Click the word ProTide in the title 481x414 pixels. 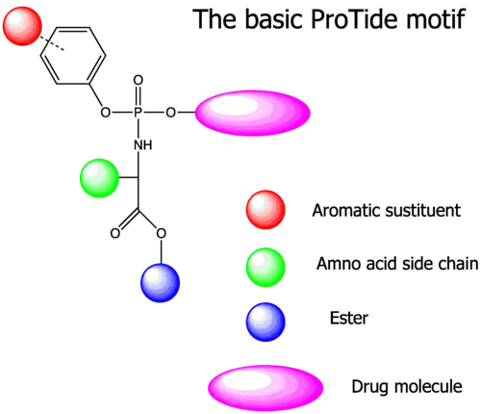tap(354, 19)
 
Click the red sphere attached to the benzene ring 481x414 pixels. tap(22, 26)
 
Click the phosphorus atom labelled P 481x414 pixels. tap(139, 113)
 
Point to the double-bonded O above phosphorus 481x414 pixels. tap(139, 80)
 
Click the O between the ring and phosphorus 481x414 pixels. tap(106, 113)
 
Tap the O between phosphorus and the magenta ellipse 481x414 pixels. tap(170, 113)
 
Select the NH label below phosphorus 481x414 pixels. tap(143, 145)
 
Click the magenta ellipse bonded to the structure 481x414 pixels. tap(253, 113)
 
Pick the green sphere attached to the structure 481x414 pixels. tap(99, 178)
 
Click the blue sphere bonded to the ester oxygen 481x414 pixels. tap(161, 283)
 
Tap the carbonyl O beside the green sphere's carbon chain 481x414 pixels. tap(115, 233)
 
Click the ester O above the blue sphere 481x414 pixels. tap(162, 233)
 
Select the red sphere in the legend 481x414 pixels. tap(266, 210)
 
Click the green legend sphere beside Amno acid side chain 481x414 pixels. tap(266, 267)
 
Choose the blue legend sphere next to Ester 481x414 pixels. tap(266, 322)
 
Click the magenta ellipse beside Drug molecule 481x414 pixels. tap(266, 388)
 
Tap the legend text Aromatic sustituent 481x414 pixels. tap(387, 211)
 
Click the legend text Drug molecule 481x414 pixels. tap(407, 386)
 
